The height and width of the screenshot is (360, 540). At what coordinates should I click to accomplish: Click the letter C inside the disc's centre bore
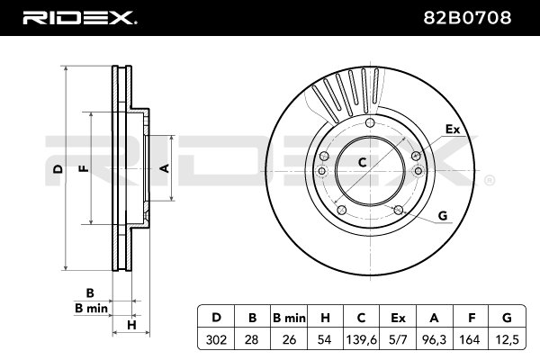point(363,163)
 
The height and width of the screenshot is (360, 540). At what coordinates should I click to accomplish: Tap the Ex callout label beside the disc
point(453,130)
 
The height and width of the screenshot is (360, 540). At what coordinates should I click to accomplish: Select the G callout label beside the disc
point(442,214)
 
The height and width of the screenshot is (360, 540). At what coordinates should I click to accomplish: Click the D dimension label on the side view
point(56,168)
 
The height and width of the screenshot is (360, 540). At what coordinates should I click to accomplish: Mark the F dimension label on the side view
point(82,168)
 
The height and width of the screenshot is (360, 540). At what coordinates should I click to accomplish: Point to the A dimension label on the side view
point(164,168)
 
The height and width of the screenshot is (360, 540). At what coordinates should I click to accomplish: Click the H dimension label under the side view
point(130,324)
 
